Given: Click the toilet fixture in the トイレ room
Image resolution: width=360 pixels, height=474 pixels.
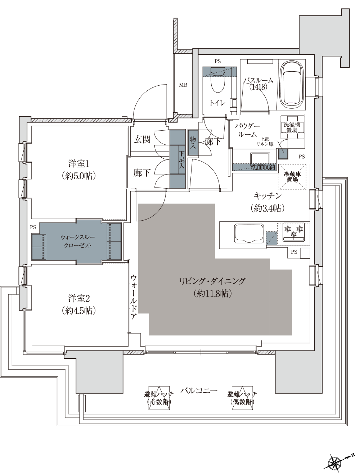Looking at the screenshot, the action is click(x=218, y=81).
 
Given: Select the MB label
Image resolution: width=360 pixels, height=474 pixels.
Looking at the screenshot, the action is click(x=183, y=85).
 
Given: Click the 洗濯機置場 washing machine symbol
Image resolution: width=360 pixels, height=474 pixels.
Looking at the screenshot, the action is click(x=292, y=127).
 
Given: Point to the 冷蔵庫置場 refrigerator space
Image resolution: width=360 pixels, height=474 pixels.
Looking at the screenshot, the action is click(x=292, y=177).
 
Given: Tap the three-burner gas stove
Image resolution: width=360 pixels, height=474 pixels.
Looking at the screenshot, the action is click(x=293, y=232).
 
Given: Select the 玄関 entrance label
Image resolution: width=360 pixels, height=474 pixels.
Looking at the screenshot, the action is click(x=142, y=140).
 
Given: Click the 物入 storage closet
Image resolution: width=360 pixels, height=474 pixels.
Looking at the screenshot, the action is click(x=193, y=142).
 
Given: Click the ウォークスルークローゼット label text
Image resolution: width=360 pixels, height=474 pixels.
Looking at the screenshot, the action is click(x=77, y=241).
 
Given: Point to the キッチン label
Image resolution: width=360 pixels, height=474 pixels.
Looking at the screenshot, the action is click(x=267, y=196).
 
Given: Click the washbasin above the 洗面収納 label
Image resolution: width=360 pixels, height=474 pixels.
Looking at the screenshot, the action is click(x=260, y=158).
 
